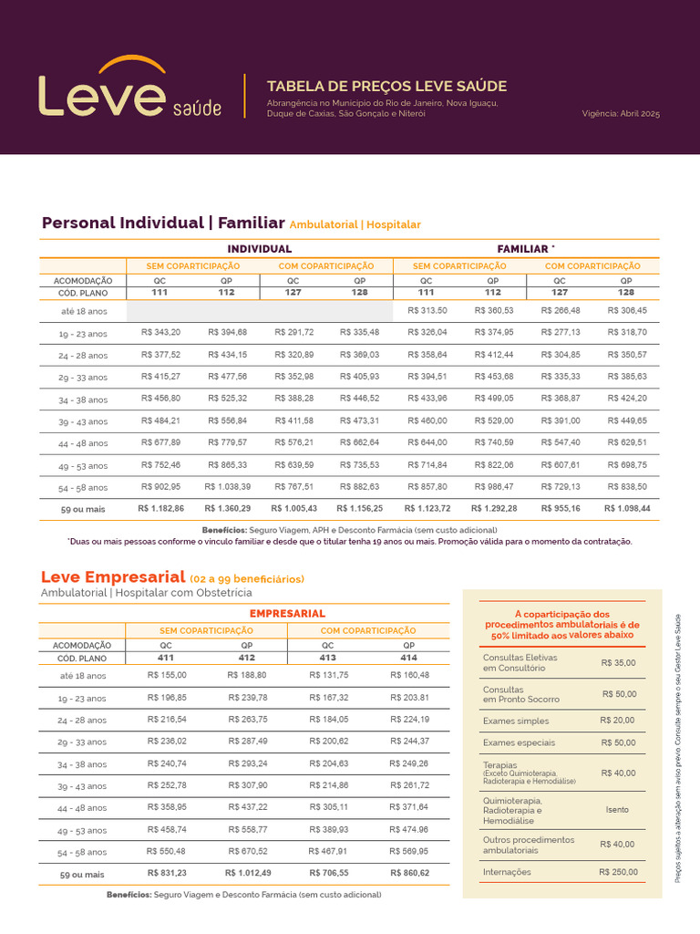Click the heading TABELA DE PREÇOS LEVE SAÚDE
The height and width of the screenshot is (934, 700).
tap(386, 86)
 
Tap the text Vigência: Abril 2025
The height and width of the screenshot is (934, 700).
tap(621, 114)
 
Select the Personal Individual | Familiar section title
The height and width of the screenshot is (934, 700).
tap(164, 223)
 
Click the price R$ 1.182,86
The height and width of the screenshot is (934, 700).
tap(160, 508)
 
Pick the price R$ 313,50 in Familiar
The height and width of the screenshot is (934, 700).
tap(426, 310)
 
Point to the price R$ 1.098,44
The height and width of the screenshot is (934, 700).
tap(626, 508)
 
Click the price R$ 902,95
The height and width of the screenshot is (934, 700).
tap(161, 486)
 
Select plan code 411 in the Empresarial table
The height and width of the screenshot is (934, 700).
tap(166, 657)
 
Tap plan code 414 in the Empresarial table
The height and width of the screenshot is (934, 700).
tap(408, 657)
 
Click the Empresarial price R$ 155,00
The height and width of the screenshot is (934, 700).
tap(166, 675)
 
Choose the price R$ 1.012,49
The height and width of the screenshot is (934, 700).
tap(247, 873)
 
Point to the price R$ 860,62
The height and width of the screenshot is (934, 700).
tap(408, 873)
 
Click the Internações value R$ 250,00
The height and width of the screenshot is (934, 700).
tap(618, 872)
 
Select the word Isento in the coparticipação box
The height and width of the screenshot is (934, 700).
tap(617, 809)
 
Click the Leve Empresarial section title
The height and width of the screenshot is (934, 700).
tap(113, 577)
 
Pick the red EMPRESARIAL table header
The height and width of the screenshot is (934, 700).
tap(287, 614)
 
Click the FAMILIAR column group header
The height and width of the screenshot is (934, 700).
tap(522, 248)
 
